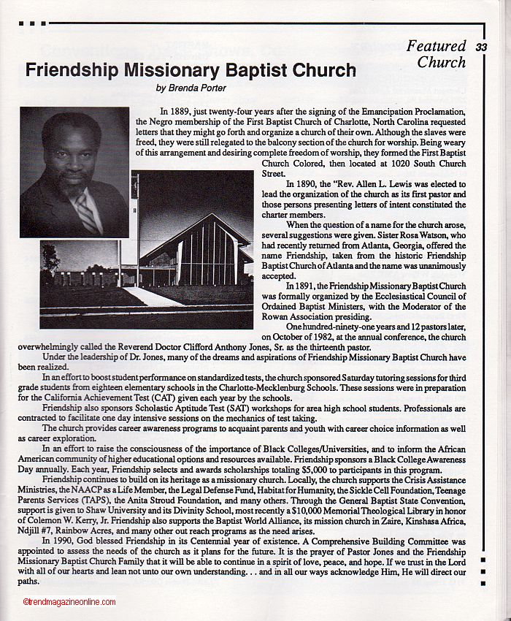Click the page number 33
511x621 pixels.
point(480,47)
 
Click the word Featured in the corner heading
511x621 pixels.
point(436,46)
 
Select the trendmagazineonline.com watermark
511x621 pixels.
point(69,602)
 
